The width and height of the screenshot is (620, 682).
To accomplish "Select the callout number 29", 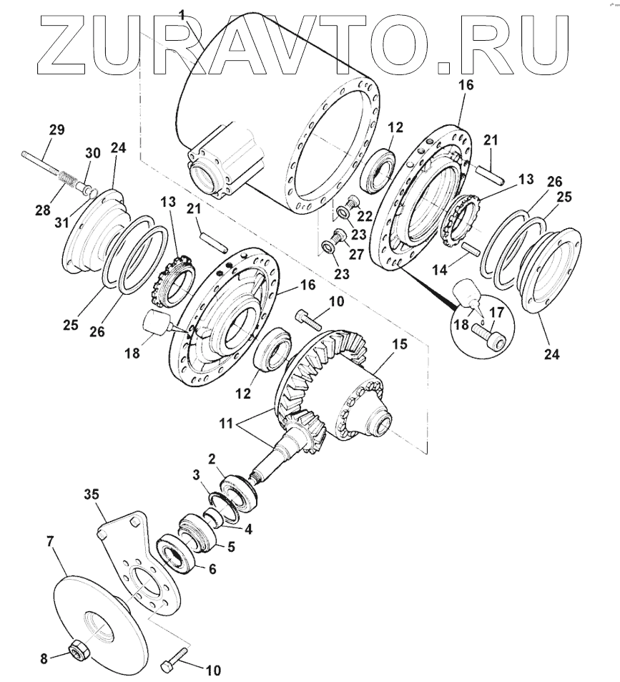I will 56,130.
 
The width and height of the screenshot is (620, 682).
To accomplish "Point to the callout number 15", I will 399,344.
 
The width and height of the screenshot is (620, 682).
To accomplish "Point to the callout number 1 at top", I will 182,14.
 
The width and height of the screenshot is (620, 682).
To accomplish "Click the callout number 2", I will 212,457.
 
